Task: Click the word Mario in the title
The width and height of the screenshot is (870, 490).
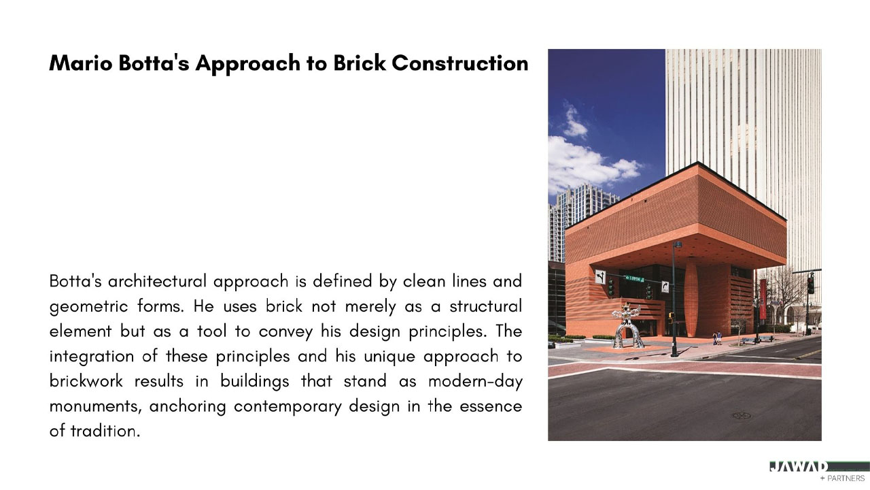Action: pos(81,63)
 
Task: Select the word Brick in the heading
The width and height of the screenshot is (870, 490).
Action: pos(360,63)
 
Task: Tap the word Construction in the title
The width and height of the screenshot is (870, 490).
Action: pos(460,63)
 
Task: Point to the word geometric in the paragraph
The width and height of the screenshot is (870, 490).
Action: pos(88,307)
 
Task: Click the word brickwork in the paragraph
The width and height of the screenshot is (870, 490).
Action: pos(86,381)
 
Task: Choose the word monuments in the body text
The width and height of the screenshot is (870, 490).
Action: pos(93,407)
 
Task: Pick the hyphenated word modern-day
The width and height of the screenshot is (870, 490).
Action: pos(475,382)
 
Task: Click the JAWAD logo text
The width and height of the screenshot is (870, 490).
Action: pos(798,467)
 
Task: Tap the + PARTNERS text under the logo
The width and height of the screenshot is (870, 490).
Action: pos(842,478)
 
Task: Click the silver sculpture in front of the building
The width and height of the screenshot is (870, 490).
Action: pos(627,327)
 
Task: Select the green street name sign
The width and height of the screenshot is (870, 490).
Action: pos(634,279)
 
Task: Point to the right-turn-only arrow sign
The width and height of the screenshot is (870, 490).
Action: pos(665,287)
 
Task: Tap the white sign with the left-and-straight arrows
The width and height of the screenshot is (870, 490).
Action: pos(600,277)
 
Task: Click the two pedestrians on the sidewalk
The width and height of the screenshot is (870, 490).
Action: pos(717,338)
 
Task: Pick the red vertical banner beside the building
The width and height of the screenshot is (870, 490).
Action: pos(763,299)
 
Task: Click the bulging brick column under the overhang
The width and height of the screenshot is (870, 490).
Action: pos(691,297)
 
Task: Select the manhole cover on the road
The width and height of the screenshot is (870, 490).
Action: pos(741,416)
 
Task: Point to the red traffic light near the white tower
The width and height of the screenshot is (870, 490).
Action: pos(811,284)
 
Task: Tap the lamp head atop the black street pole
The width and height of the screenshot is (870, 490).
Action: pos(678,244)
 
